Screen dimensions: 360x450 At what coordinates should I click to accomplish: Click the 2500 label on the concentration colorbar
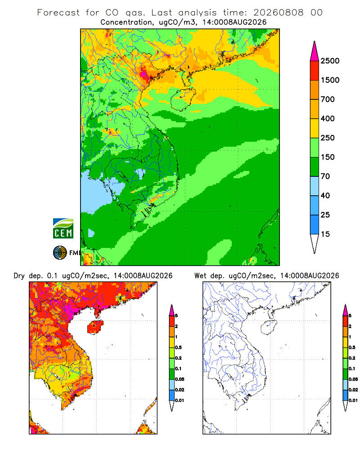click(x=330, y=61)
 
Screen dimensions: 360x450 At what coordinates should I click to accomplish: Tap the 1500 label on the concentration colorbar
click(x=330, y=80)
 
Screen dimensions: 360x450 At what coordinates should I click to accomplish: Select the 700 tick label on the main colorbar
click(x=328, y=99)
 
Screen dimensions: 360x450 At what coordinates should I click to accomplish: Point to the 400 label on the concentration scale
click(x=328, y=118)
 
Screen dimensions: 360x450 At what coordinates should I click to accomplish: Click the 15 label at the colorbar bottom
click(x=325, y=234)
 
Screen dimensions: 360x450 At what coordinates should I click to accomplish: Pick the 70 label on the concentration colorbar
click(x=325, y=176)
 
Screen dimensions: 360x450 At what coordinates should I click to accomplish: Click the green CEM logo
click(x=63, y=229)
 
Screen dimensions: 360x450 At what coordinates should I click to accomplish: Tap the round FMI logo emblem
click(x=60, y=253)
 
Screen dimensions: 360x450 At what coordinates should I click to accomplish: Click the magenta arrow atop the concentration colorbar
click(x=315, y=51)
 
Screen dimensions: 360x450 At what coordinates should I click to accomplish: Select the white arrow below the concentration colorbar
click(x=315, y=243)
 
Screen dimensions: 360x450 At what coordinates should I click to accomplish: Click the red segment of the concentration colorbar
click(x=315, y=71)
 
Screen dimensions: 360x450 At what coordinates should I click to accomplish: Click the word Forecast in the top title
click(x=58, y=13)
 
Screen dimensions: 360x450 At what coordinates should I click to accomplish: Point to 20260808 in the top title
click(x=278, y=13)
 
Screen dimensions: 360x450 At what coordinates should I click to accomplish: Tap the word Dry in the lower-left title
click(x=19, y=276)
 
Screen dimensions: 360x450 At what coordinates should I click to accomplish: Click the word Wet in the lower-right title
click(x=200, y=276)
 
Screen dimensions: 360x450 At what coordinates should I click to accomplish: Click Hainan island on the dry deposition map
click(x=95, y=327)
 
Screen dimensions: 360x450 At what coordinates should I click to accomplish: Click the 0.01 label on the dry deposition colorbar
click(x=180, y=400)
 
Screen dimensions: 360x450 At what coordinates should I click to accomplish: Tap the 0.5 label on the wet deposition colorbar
click(x=352, y=347)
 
